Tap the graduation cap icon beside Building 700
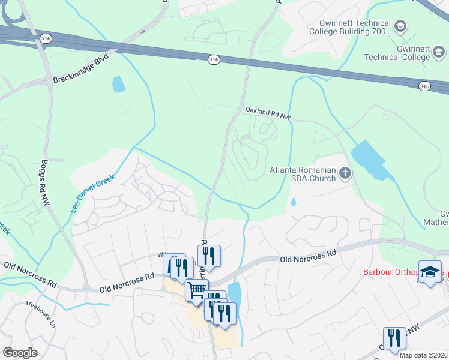(400, 26)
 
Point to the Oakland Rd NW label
(268, 113)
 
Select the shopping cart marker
(196, 290)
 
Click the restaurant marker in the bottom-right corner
(394, 338)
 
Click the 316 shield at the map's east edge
(425, 86)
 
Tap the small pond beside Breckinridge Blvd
(119, 84)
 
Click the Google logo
(20, 353)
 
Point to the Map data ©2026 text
(423, 355)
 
